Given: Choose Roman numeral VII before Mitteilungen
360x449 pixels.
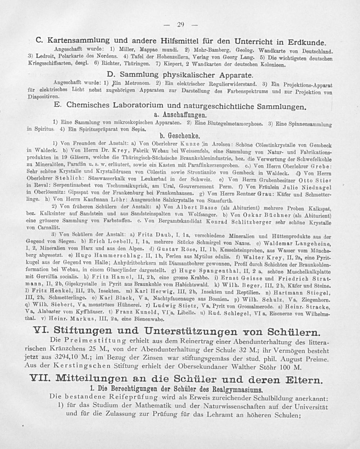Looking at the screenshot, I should tap(39, 380).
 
